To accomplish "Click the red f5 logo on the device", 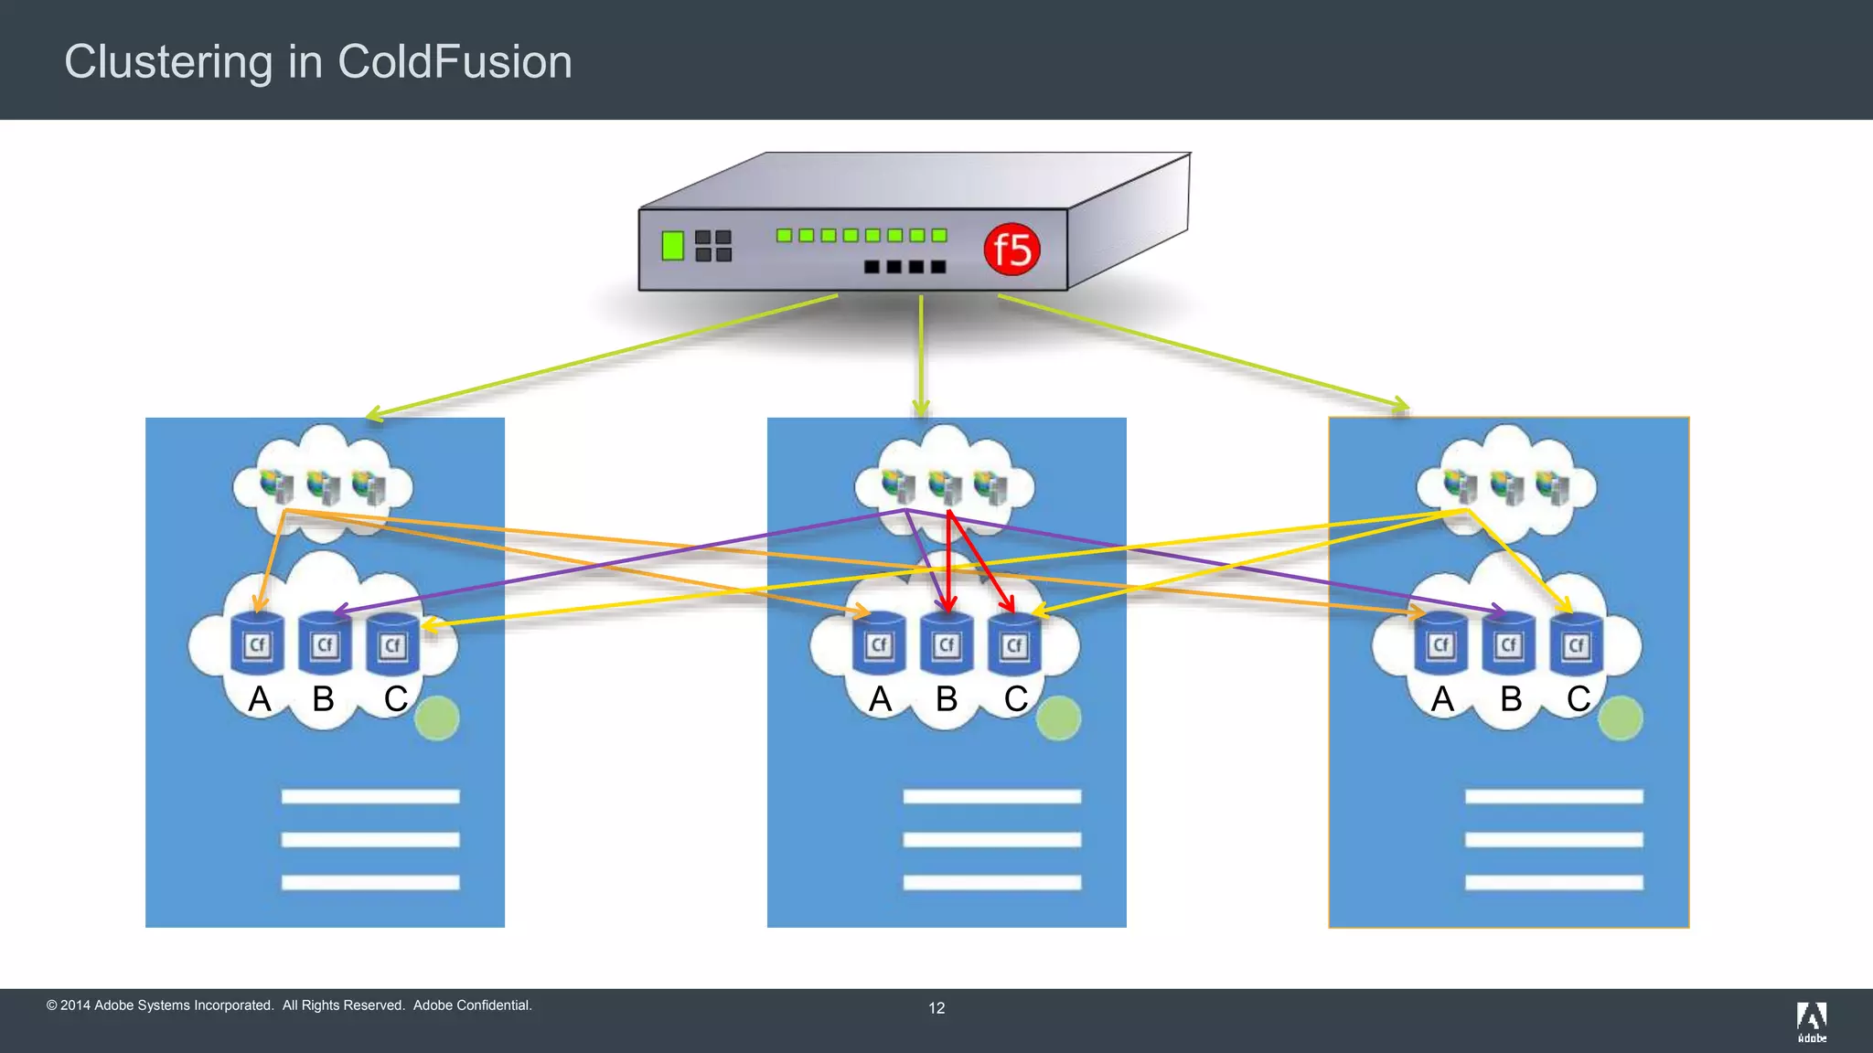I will (1011, 249).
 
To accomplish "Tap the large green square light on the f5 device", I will (672, 246).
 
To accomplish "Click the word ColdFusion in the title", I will (455, 62).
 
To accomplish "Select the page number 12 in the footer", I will (936, 1008).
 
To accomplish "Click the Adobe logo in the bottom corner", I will (1811, 1020).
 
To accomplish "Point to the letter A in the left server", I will (260, 699).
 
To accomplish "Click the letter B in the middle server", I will (947, 699).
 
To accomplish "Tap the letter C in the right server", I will (1579, 699).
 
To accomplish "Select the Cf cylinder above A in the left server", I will (257, 644).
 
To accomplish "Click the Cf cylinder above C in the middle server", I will (1014, 645).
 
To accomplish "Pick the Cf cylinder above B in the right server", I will (1509, 645).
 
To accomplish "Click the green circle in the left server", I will (437, 718).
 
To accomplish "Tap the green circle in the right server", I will (1621, 718).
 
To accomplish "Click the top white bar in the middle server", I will (992, 797).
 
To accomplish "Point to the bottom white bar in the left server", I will (370, 882).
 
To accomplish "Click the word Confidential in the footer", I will (494, 1005).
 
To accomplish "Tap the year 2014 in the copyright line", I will (75, 1005).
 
